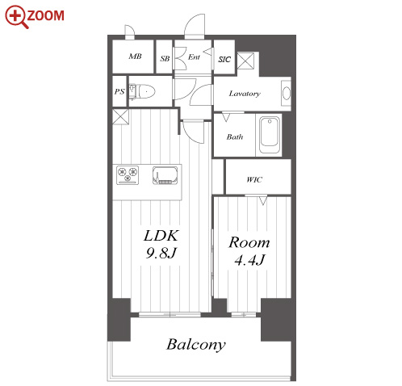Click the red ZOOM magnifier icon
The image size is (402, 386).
point(16,17)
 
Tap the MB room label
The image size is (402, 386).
point(135,57)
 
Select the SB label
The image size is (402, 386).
point(165,58)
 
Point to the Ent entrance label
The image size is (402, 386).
point(194,57)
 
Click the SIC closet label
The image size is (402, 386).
point(224,59)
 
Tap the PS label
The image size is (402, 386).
point(119,91)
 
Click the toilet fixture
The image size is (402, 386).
point(142,92)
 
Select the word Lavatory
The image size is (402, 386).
point(245,94)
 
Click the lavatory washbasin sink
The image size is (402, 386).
point(287,93)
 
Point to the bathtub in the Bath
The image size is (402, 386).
point(270,135)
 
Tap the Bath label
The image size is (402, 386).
point(235,137)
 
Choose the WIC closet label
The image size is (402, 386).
point(254,179)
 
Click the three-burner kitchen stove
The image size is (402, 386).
point(128,175)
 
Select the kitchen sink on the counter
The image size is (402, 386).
point(165,175)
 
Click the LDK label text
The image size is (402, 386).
point(161,236)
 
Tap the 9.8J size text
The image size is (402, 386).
point(161,253)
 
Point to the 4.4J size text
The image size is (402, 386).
point(250,260)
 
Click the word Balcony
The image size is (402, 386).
point(196,345)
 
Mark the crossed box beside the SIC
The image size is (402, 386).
point(245,61)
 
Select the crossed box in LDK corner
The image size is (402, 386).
point(120,116)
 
